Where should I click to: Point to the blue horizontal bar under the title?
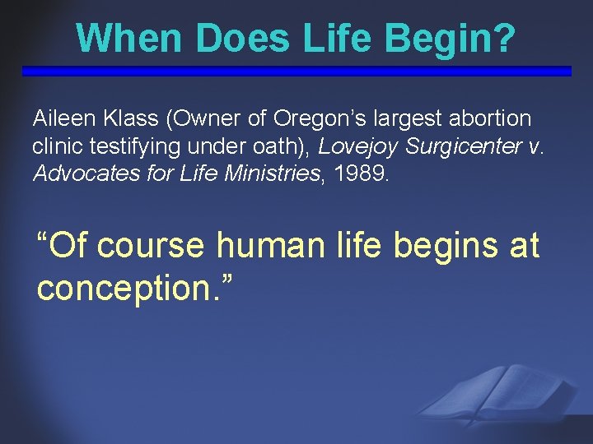296,72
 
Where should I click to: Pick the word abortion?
492,119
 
